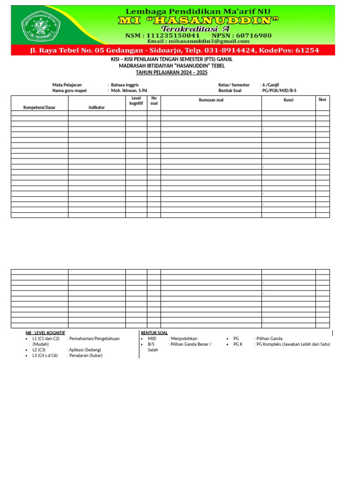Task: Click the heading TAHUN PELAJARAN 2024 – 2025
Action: [172, 73]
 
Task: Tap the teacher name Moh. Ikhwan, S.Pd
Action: [129, 90]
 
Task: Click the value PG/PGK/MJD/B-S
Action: [278, 90]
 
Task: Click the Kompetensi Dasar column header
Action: [39, 107]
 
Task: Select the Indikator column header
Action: [97, 107]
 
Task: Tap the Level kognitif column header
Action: [136, 100]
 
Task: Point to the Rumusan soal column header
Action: [211, 100]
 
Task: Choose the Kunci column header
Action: [288, 100]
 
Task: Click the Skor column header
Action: [322, 99]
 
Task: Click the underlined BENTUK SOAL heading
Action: [154, 333]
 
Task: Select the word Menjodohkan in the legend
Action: [184, 338]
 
